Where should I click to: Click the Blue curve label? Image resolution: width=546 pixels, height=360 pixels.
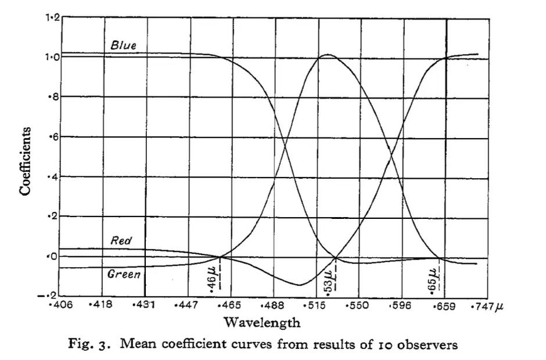(x=124, y=45)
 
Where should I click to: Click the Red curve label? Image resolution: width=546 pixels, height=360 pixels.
(x=121, y=239)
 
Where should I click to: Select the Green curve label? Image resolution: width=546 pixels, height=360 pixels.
(x=124, y=274)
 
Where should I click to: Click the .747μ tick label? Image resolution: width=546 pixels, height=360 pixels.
(x=482, y=305)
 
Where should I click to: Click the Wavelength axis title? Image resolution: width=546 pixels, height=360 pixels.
(x=262, y=322)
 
